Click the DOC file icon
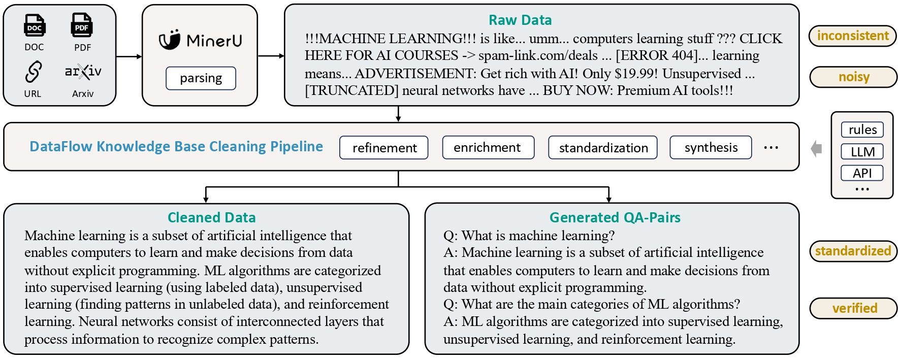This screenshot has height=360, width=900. coord(35,25)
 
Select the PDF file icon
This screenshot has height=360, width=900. coord(82,25)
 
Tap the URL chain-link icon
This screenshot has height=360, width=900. coord(33,72)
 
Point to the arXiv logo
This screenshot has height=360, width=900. coord(83,72)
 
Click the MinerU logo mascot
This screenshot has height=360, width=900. coord(170,40)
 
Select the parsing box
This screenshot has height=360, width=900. coord(201,78)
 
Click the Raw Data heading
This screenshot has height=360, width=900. coord(520,20)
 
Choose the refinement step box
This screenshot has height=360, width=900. coord(384,148)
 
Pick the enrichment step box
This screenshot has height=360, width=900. coord(488,148)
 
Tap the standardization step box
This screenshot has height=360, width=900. coord(603,148)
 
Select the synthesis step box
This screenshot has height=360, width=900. coord(711,148)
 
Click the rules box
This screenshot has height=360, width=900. coord(862,129)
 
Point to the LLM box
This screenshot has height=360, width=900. coord(862,151)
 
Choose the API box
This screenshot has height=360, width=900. coord(862,173)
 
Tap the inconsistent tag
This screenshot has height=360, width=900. coord(853,36)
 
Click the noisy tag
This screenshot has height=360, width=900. coord(853,77)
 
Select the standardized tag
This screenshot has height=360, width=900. coord(853,251)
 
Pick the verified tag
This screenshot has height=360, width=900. coord(854,308)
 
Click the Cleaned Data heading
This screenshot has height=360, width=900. coord(212,218)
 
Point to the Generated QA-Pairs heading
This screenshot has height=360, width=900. coord(615,218)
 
